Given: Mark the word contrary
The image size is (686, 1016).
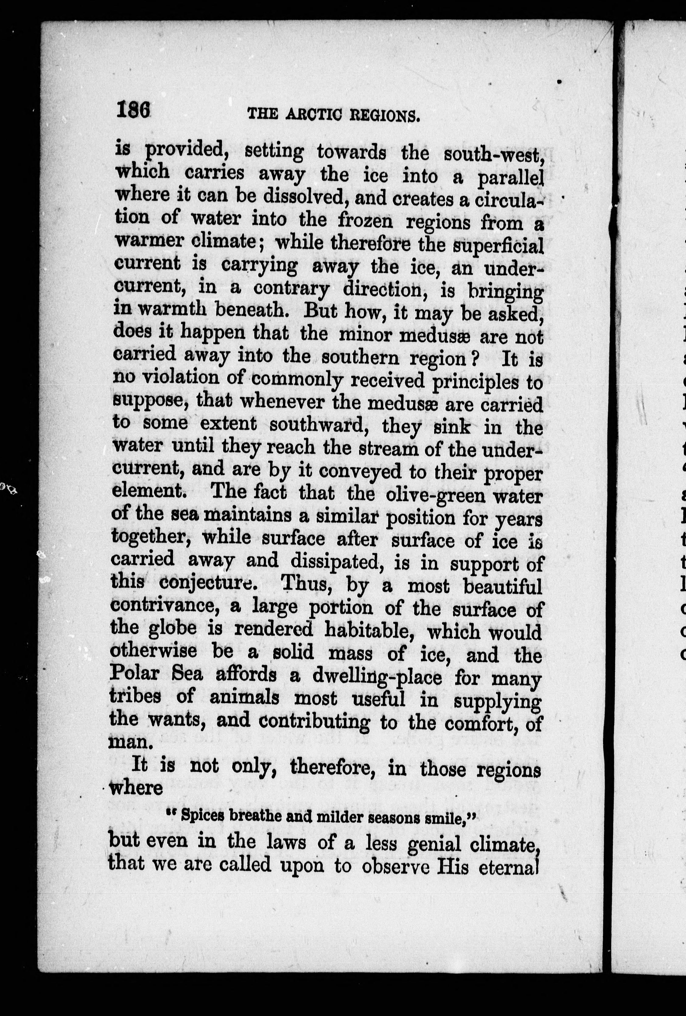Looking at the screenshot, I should [292, 288].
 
